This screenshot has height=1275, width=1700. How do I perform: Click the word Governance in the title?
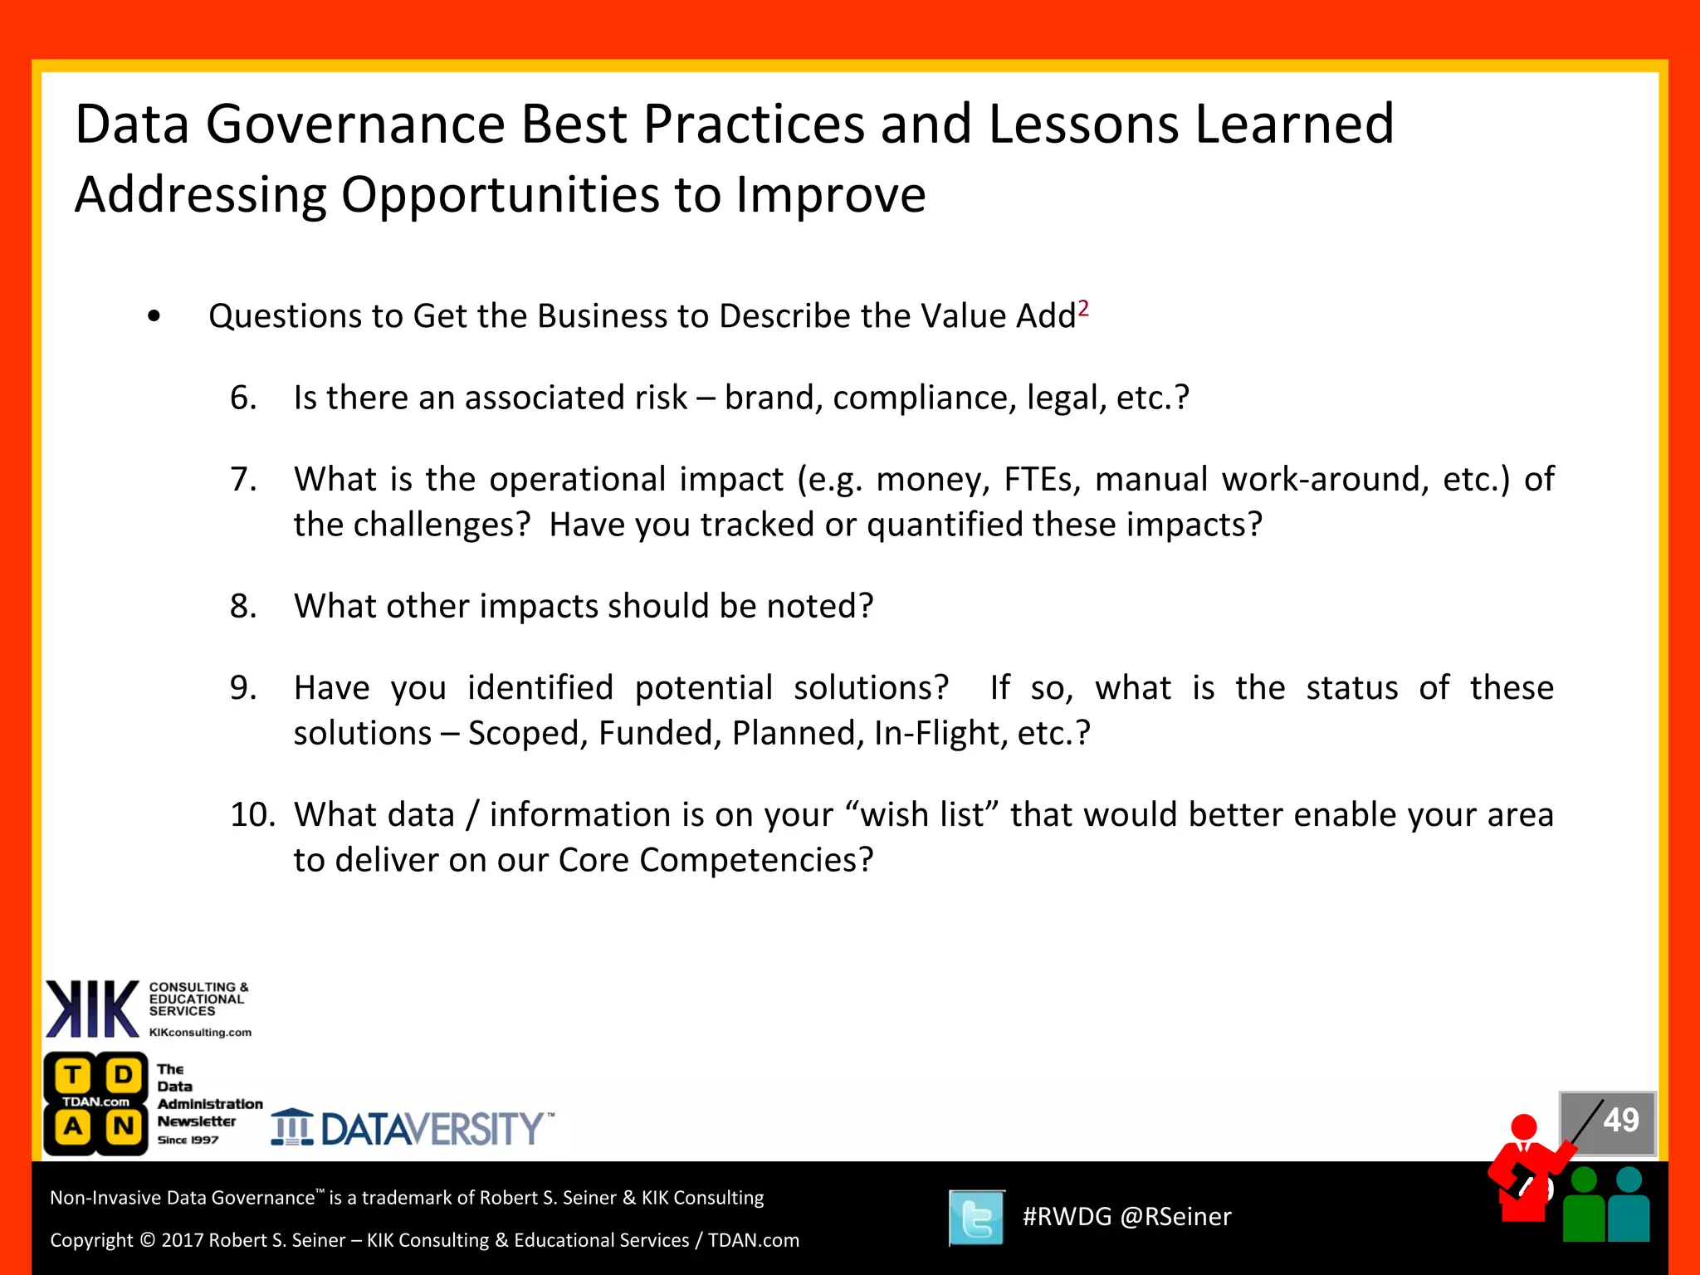tap(355, 125)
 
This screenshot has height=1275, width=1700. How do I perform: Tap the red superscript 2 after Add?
tap(1083, 309)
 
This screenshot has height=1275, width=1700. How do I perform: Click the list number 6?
tap(242, 398)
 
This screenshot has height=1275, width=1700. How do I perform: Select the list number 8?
tap(242, 607)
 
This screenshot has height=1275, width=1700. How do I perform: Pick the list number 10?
tap(252, 815)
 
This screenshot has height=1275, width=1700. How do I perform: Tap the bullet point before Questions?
tap(154, 317)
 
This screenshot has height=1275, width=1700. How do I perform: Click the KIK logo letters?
tap(92, 1009)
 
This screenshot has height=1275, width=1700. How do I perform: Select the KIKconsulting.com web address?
tap(200, 1033)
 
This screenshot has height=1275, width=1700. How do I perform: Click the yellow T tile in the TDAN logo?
tap(73, 1075)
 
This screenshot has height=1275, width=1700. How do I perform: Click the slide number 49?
tap(1620, 1121)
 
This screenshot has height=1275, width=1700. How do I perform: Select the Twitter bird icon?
tap(977, 1218)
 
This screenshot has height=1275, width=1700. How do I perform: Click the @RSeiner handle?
tap(1175, 1217)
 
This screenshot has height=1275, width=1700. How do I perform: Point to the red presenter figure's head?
tap(1524, 1127)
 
